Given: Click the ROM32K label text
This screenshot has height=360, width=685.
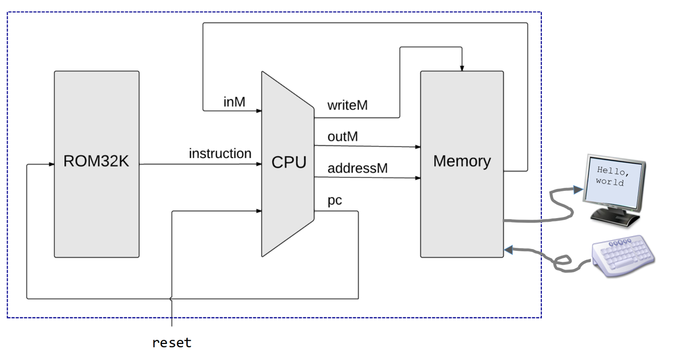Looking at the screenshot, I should [x=97, y=161].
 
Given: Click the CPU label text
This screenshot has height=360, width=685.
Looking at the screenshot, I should [x=288, y=163].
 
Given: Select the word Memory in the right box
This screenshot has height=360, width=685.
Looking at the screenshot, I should [x=461, y=161].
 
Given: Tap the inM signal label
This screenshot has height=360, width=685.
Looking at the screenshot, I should [x=234, y=102].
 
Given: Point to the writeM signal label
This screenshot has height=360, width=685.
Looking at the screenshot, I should [x=347, y=105].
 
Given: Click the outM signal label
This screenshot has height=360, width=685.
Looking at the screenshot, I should [x=342, y=136].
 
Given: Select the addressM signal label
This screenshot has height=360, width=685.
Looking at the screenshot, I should [x=357, y=168].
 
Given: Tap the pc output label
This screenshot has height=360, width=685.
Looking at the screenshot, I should [x=334, y=200].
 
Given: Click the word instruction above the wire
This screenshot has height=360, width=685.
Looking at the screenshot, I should [x=220, y=154].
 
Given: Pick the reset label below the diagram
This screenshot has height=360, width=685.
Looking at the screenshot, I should [x=172, y=343].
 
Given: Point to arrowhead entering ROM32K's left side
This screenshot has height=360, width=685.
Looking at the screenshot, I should [x=50, y=164].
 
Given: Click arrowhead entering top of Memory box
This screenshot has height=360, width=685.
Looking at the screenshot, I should [x=462, y=68].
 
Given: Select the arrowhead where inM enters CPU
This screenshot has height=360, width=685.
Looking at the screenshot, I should [x=258, y=111].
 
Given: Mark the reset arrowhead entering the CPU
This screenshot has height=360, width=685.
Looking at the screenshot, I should [x=258, y=211].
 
